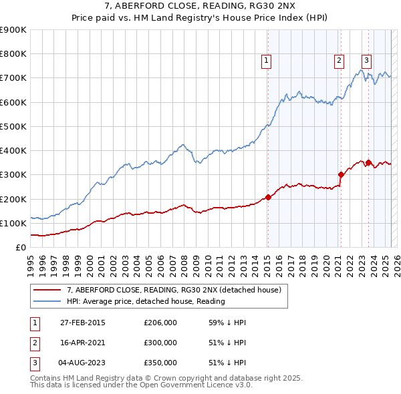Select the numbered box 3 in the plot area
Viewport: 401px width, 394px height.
tap(367, 59)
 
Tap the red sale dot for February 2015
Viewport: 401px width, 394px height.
tap(268, 197)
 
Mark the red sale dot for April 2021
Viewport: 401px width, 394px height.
tap(341, 174)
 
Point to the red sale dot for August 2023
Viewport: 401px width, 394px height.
tap(368, 162)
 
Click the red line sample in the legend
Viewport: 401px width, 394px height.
tap(47, 290)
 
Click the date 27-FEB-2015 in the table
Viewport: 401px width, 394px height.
tap(82, 323)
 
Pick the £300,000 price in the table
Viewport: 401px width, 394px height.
tap(160, 343)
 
